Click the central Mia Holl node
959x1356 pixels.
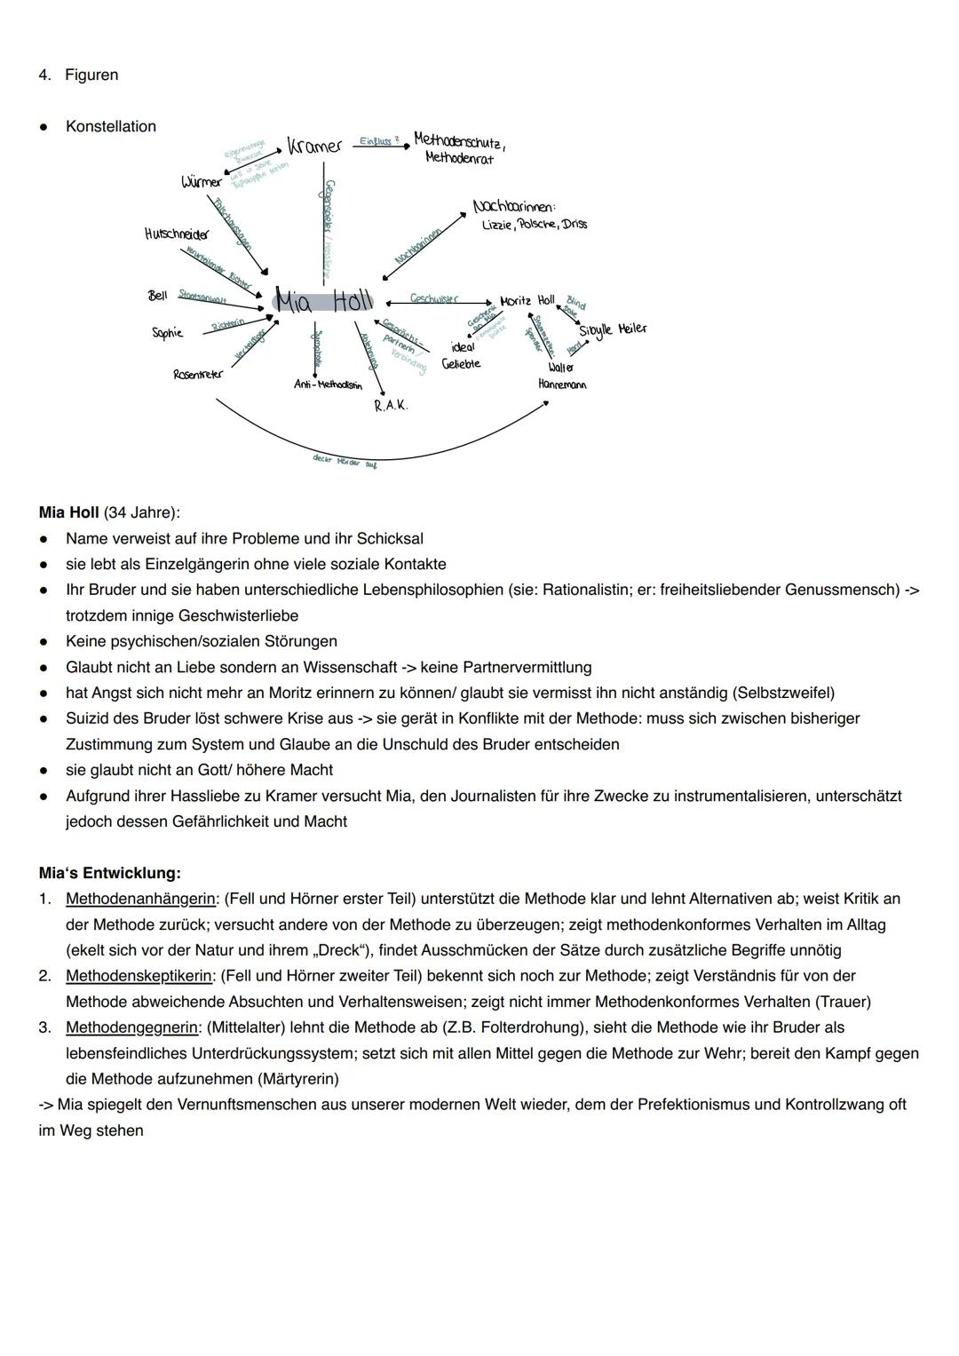(323, 301)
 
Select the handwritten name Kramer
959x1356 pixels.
(314, 147)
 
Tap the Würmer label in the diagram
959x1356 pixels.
(201, 182)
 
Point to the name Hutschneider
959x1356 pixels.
(177, 234)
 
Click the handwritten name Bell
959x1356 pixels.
(157, 295)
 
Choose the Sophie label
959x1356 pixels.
(167, 333)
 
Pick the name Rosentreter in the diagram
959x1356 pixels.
(198, 375)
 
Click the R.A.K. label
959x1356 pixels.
(391, 405)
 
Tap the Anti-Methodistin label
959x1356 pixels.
(328, 385)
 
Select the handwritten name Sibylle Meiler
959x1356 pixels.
(613, 329)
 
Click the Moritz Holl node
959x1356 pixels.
(527, 301)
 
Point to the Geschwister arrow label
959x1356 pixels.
(434, 298)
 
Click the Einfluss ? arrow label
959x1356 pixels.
(379, 141)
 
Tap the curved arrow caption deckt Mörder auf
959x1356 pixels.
(345, 461)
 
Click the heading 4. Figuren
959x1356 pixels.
(78, 75)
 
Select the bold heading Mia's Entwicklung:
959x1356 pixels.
(109, 873)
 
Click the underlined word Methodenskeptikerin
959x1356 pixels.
(139, 976)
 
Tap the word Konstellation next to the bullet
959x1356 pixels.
(111, 126)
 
